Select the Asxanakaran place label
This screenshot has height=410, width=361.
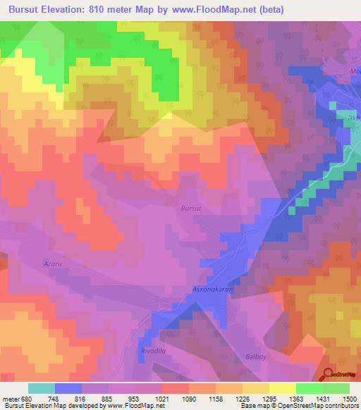[x=212, y=289]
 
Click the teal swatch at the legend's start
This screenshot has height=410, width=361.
[x=42, y=387]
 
